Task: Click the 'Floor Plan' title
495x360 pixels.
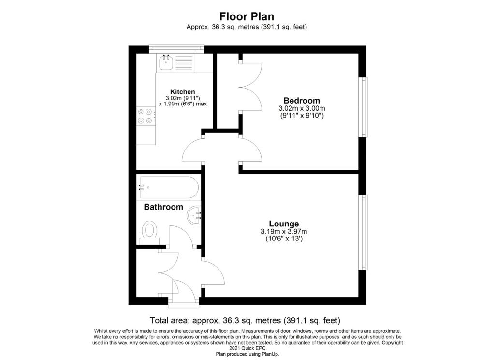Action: point(247,16)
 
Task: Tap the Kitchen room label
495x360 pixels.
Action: point(182,91)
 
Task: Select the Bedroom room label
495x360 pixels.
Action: point(302,101)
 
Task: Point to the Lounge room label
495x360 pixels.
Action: point(284,224)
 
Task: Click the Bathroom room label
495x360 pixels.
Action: point(163,207)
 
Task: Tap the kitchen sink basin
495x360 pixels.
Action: point(166,62)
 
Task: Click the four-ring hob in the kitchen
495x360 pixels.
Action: point(146,116)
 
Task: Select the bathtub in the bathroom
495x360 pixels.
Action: point(169,187)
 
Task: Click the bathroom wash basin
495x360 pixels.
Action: point(193,216)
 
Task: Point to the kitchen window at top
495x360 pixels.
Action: point(176,48)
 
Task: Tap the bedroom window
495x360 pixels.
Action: point(363,107)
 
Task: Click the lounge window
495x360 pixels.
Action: point(363,232)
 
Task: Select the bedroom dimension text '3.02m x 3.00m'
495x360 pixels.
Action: point(302,108)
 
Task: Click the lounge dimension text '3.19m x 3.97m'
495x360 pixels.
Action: point(284,231)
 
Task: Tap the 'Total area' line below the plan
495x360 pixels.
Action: point(245,320)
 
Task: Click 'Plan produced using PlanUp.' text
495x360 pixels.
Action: point(247,354)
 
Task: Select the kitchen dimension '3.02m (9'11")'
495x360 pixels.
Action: point(183,98)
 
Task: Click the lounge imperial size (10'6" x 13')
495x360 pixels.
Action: point(284,239)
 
